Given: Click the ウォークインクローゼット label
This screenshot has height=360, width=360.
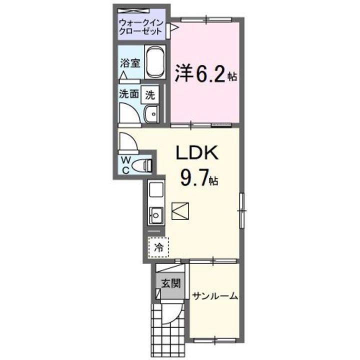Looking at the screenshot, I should click(x=140, y=26).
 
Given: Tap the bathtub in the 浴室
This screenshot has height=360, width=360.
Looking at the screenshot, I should click(x=155, y=63).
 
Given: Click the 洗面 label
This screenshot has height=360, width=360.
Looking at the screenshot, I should click(x=129, y=93).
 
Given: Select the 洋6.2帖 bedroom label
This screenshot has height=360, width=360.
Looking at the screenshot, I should click(x=205, y=75).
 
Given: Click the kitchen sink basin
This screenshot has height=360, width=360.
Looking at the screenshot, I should click(x=156, y=216).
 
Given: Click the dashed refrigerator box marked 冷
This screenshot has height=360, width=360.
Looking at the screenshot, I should click(x=158, y=247).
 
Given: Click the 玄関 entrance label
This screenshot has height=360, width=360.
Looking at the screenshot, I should click(x=170, y=283).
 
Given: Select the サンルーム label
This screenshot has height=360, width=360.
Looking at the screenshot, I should click(x=214, y=295).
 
